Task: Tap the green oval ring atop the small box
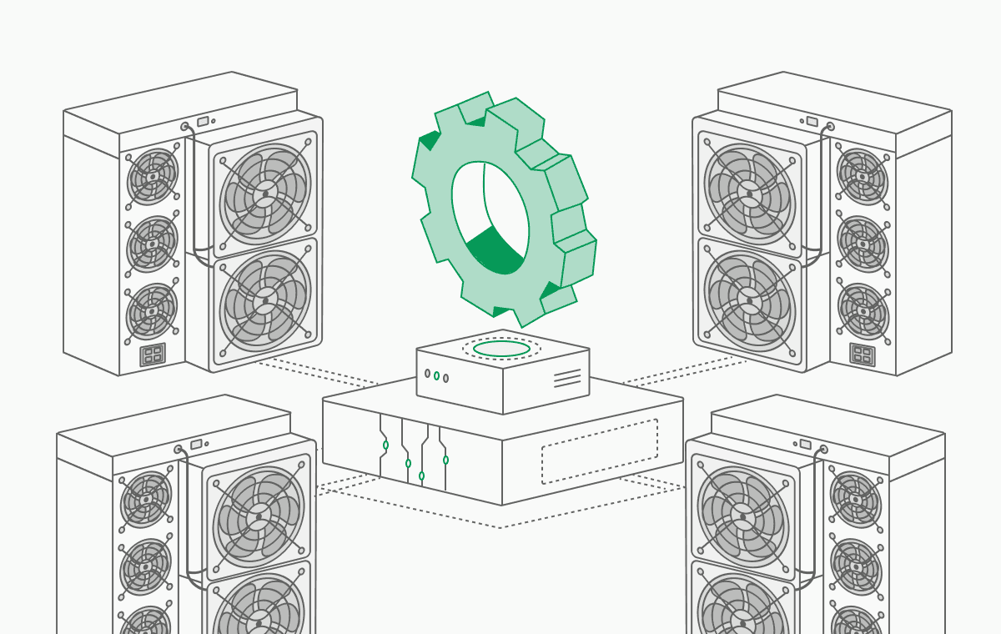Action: [502, 349]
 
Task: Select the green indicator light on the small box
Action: [436, 375]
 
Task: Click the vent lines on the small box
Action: [567, 378]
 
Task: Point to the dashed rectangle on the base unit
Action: [599, 451]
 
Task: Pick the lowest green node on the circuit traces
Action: [421, 475]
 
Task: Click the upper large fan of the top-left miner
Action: [265, 194]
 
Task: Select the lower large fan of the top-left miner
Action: [265, 300]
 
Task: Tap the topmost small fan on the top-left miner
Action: [152, 177]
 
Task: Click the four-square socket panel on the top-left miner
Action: [153, 355]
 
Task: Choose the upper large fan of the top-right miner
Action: [749, 194]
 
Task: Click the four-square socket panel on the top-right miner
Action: [863, 355]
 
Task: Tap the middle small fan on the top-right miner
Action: [863, 244]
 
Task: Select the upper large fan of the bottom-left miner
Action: [259, 516]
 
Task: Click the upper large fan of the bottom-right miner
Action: [742, 516]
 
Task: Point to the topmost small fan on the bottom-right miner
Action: [856, 500]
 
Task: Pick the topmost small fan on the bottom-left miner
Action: [145, 500]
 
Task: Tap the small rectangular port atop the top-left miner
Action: [203, 121]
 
